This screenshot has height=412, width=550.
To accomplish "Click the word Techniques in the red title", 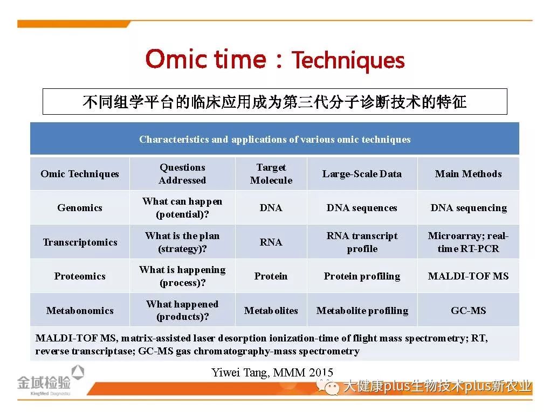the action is pyautogui.click(x=348, y=60).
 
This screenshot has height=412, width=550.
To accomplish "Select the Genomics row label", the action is pyautogui.click(x=80, y=208).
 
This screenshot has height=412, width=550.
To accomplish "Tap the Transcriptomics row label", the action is pyautogui.click(x=80, y=242).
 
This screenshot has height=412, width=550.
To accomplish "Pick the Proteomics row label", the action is pyautogui.click(x=80, y=276).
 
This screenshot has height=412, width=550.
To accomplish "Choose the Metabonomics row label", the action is pyautogui.click(x=80, y=310).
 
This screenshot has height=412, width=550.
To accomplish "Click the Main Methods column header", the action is pyautogui.click(x=468, y=174).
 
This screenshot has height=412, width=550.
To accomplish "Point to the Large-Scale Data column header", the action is pyautogui.click(x=362, y=174).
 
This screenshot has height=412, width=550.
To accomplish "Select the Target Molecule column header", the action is pyautogui.click(x=271, y=174).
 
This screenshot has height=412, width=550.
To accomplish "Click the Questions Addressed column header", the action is pyautogui.click(x=182, y=174).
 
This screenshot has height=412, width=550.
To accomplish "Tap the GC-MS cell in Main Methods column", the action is pyautogui.click(x=468, y=310).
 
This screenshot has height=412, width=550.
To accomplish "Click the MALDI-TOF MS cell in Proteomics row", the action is pyautogui.click(x=468, y=276).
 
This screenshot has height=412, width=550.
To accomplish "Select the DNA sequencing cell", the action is pyautogui.click(x=468, y=208).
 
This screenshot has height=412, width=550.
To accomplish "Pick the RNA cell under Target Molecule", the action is pyautogui.click(x=271, y=242).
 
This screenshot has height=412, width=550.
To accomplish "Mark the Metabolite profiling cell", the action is pyautogui.click(x=362, y=311).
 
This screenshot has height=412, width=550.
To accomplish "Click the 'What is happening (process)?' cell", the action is pyautogui.click(x=182, y=276).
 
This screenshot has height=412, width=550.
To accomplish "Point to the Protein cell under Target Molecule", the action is pyautogui.click(x=271, y=276).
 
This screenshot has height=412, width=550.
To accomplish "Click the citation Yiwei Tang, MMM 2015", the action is pyautogui.click(x=272, y=372).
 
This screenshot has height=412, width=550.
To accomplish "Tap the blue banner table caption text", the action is pyautogui.click(x=274, y=139).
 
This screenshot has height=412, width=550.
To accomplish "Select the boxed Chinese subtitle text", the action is pyautogui.click(x=274, y=102).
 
